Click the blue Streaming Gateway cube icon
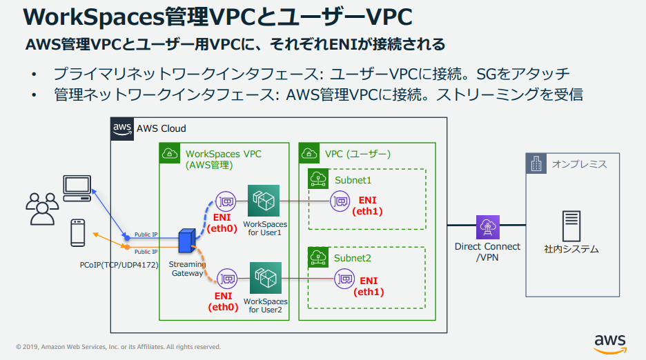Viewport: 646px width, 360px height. [186, 241]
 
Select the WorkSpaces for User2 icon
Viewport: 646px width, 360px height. [266, 278]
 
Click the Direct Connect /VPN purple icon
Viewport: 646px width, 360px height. [487, 226]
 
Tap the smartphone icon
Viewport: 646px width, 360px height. [78, 233]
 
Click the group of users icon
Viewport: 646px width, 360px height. [41, 208]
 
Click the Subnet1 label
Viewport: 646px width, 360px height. [353, 179]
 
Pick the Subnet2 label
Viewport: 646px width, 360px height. [353, 258]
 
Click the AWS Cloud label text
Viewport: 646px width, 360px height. [161, 128]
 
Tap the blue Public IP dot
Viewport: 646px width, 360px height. [126, 238]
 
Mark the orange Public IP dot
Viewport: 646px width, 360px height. [126, 246]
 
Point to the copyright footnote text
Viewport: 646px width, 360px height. [118, 347]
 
